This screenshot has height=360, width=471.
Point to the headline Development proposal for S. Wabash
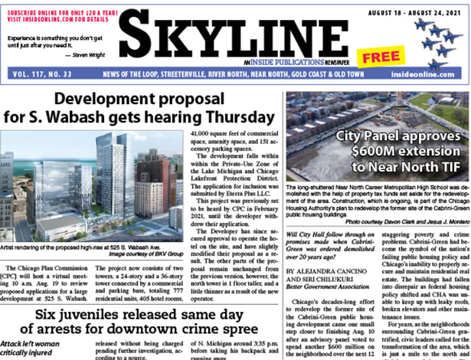pyautogui.click(x=142, y=108)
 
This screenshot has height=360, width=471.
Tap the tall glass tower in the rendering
pyautogui.click(x=114, y=184)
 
